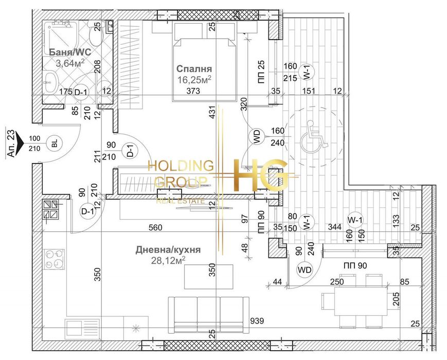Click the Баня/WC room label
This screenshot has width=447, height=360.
tap(70, 52)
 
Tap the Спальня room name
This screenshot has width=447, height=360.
tap(194, 69)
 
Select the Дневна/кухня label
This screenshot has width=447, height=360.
tap(168, 250)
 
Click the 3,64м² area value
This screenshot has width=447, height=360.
tap(70, 63)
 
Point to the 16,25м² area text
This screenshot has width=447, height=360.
tap(194, 80)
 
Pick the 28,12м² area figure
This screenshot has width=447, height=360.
tap(168, 260)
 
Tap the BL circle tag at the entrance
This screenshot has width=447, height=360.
tap(55, 143)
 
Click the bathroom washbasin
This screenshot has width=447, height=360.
tap(51, 82)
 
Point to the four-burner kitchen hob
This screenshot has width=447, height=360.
tap(55, 259)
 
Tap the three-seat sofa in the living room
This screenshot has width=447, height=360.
tap(208, 315)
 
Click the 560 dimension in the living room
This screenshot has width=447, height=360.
tap(155, 227)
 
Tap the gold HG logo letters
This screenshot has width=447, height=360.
tap(260, 175)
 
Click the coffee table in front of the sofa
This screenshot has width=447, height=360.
tap(209, 277)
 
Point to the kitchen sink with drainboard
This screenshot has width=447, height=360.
tap(82, 329)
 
